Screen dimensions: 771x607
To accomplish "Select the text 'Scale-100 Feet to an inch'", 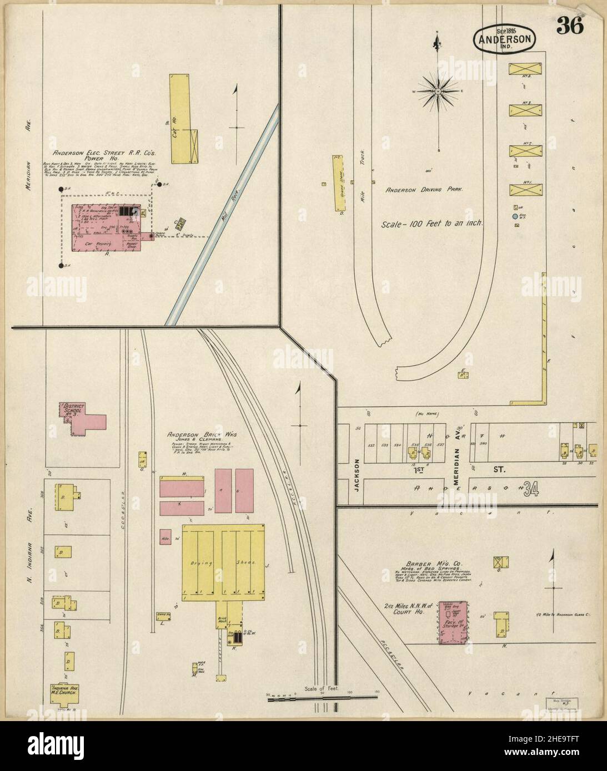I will coord(432,225).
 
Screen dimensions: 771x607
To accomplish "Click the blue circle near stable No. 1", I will coord(515,216).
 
